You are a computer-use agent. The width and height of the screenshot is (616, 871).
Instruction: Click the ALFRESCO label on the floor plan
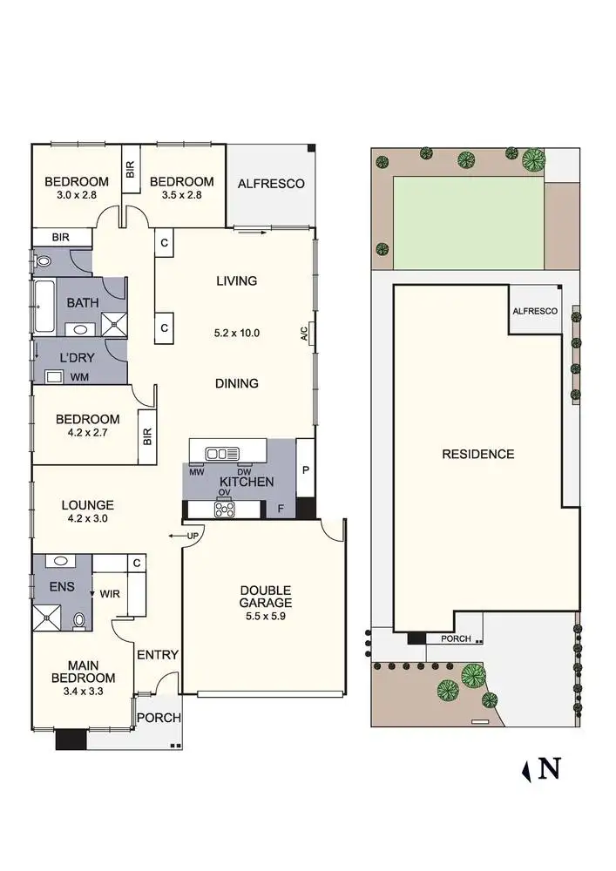pyautogui.click(x=271, y=183)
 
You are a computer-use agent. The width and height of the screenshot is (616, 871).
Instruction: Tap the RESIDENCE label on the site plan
pyautogui.click(x=477, y=454)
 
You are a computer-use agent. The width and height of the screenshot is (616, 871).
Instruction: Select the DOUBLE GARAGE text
pyautogui.click(x=266, y=597)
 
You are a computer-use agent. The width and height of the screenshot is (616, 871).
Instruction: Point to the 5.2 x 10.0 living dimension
pyautogui.click(x=237, y=333)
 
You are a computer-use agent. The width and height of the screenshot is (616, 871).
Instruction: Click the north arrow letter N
pyautogui.click(x=550, y=768)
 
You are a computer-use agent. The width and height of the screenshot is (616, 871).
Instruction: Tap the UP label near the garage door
pyautogui.click(x=193, y=535)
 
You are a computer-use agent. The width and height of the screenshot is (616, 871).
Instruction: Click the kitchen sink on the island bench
pyautogui.click(x=221, y=453)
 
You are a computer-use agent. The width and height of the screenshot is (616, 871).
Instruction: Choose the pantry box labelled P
pyautogui.click(x=305, y=468)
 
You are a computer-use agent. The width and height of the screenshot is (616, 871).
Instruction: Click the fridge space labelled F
pyautogui.click(x=280, y=508)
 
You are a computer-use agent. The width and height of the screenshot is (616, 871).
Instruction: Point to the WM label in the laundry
pyautogui.click(x=78, y=377)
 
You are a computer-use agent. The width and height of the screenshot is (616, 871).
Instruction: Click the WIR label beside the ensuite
pyautogui.click(x=111, y=594)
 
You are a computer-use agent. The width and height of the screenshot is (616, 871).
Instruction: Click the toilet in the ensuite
pyautogui.click(x=79, y=621)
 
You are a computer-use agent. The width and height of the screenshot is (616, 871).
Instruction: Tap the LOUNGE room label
pyautogui.click(x=87, y=504)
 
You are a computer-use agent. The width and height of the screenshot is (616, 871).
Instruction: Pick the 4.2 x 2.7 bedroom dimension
pyautogui.click(x=88, y=433)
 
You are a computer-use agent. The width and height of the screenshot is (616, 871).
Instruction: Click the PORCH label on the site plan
pyautogui.click(x=456, y=638)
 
